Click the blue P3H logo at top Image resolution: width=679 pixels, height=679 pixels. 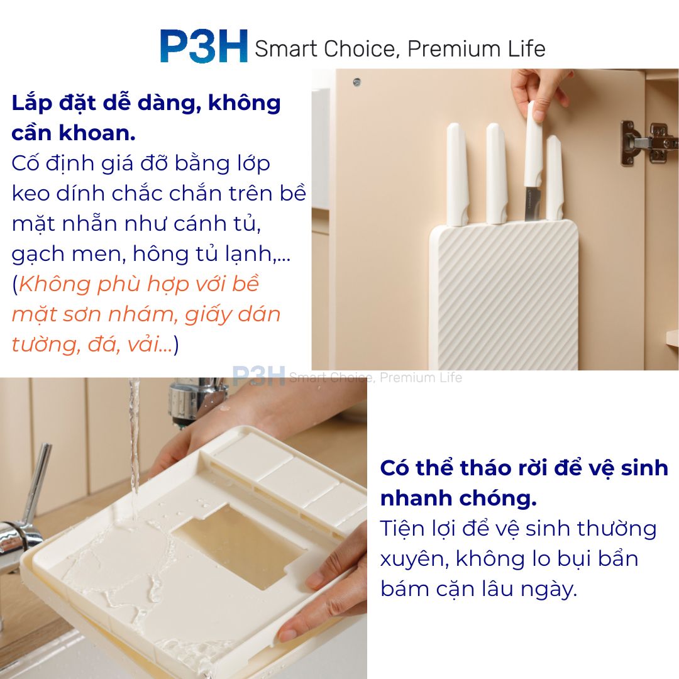pos(204,47)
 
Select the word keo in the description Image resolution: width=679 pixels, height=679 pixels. pos(30,193)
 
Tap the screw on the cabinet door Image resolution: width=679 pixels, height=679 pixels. pos(357,82)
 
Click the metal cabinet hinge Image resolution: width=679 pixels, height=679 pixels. pos(649,143)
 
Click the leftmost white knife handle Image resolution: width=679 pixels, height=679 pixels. pos(457,174)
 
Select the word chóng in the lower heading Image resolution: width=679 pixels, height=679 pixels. pos(498,499)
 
